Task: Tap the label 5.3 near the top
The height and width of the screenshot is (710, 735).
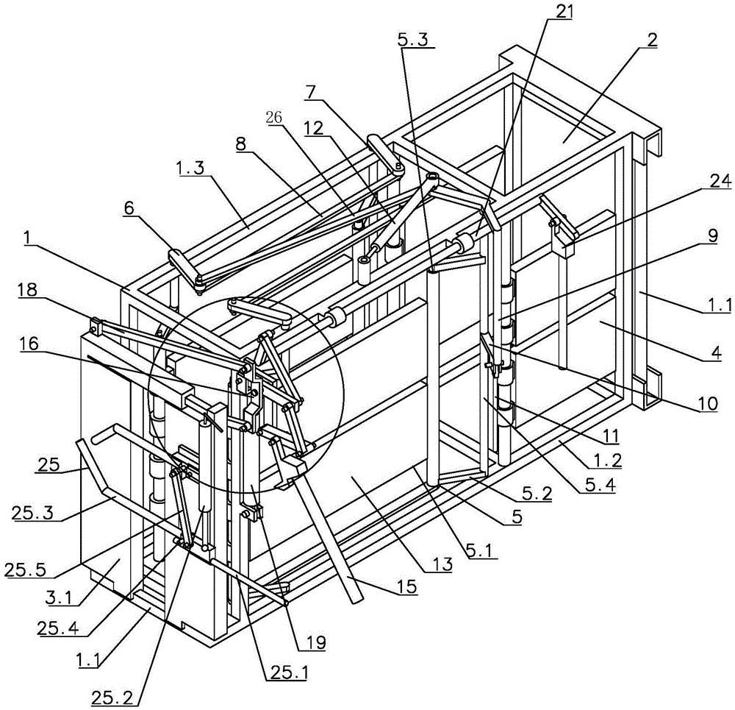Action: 415,39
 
